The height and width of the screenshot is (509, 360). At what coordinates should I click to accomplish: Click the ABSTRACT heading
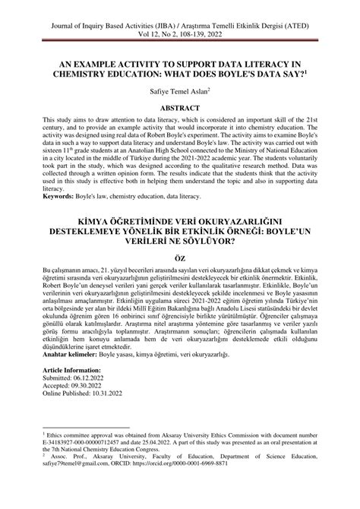coord(180,108)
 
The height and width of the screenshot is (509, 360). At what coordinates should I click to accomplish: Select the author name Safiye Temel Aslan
coord(178,90)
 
